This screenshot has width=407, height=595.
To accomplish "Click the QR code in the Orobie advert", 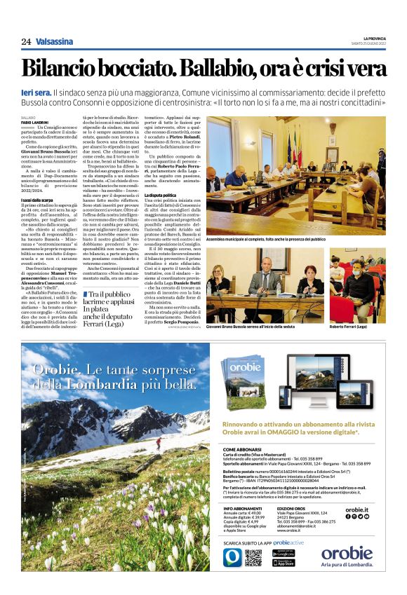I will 253,558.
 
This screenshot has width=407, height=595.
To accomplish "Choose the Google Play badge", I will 283,553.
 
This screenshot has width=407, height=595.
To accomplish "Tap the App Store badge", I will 283,563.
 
